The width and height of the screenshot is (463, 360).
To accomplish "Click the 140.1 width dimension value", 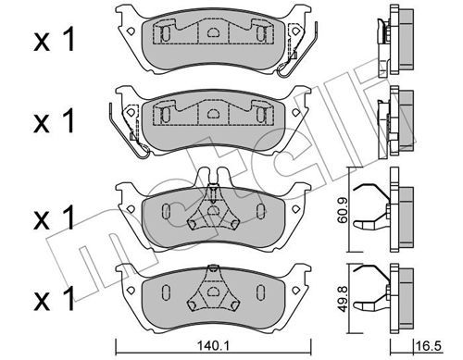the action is pos(212,346).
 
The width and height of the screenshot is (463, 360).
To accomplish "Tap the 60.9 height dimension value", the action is pos(343,211).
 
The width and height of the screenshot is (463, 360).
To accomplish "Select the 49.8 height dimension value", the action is pos(343,298).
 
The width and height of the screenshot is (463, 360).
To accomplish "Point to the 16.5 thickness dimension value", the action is pos(429,346).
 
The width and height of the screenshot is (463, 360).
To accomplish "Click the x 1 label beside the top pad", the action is pos(54,40).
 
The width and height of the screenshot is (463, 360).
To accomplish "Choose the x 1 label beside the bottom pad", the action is pos(54,298).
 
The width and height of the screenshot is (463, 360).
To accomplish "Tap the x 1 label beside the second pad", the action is pos(54,121).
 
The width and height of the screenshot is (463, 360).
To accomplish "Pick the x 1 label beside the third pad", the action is pos(54,217).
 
